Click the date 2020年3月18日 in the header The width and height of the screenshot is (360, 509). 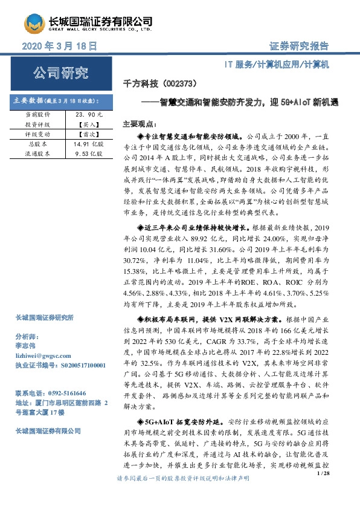59,47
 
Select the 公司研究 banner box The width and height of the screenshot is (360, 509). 59,75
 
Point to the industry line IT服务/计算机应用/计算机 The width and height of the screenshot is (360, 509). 275,63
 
